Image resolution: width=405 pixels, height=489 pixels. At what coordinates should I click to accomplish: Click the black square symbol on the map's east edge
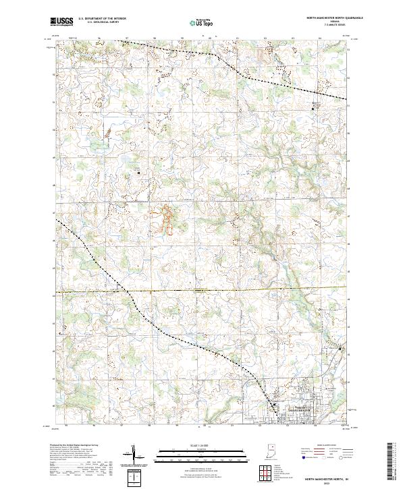[x=340, y=349]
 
